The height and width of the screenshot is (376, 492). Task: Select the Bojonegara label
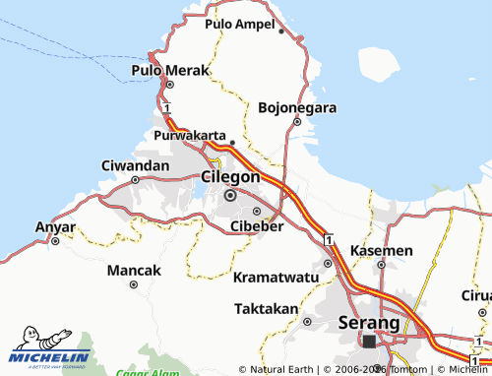click(x=297, y=107)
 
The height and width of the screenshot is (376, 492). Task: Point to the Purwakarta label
click(x=191, y=136)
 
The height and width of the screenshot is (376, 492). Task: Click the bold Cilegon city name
click(x=230, y=177)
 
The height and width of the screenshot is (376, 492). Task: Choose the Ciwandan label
click(x=136, y=165)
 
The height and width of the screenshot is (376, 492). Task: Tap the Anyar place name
click(x=55, y=226)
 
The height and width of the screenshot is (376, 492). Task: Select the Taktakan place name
click(x=267, y=308)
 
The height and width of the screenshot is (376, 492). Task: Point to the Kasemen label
click(x=381, y=251)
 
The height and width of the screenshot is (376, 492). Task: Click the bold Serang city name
click(x=368, y=322)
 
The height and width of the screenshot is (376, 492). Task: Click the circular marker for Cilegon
click(x=231, y=195)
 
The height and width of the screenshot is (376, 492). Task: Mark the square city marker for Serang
click(x=369, y=342)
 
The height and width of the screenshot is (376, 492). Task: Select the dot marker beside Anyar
click(x=56, y=240)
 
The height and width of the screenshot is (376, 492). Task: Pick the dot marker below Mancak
click(x=133, y=285)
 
